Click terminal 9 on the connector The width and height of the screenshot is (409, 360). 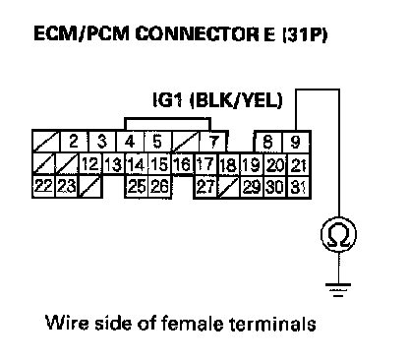coord(296,142)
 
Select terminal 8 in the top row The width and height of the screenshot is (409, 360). coord(268,142)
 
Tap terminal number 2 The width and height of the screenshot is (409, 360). coord(74,142)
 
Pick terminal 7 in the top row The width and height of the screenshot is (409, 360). coord(213,142)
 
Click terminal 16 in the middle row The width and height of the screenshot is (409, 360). coord(183,164)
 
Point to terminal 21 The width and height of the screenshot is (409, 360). coord(298,165)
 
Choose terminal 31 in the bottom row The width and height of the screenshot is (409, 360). coord(298,187)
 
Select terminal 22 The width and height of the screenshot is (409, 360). coord(44,186)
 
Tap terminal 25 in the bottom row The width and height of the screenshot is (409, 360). coord(137,186)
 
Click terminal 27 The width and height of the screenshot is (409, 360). coord(205,187)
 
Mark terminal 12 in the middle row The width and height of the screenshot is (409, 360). coord(89,164)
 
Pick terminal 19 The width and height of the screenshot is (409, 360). coord(252,165)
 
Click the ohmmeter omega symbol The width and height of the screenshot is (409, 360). coord(338,235)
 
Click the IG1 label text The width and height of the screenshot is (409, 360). coord(167,100)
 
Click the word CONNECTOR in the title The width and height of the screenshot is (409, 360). coord(197,33)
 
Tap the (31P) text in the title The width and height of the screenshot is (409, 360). coord(304,34)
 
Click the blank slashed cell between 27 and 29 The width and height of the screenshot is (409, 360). coord(229,187)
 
